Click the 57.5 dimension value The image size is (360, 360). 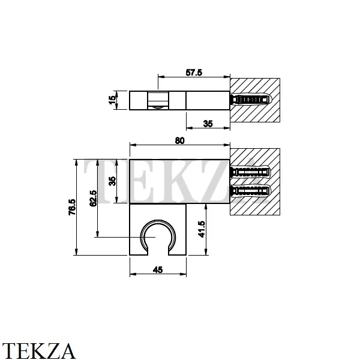[x=194, y=73]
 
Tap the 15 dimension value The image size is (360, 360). [x=112, y=100]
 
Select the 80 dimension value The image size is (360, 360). [x=179, y=140]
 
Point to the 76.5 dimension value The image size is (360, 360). [x=72, y=207]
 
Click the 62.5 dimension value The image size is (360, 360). [x=93, y=199]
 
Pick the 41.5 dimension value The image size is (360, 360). [x=202, y=229]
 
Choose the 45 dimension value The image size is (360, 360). [x=158, y=270]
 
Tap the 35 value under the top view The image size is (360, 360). [x=208, y=124]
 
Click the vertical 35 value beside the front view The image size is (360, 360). [x=113, y=181]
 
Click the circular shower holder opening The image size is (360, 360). [x=158, y=220]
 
